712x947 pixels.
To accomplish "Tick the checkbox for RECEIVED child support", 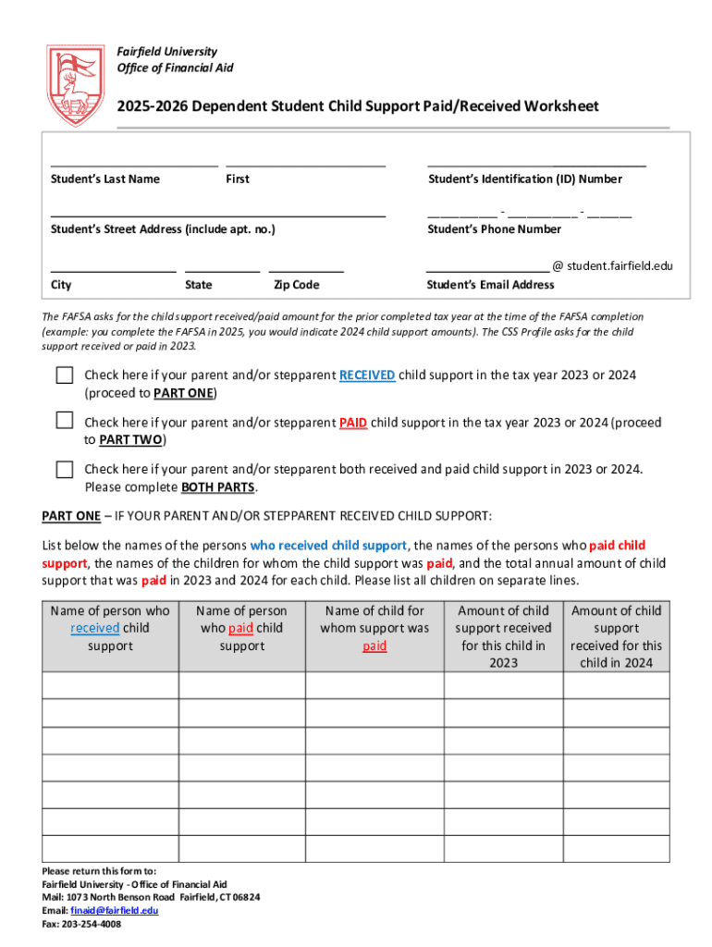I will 64,375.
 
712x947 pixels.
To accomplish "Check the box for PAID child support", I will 64,421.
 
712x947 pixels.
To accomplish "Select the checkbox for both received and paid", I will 64,469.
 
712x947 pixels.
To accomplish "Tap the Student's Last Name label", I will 105,179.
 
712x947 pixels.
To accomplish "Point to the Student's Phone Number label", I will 494,229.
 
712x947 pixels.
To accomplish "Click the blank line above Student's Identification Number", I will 536,164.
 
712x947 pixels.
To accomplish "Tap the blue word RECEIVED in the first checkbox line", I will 367,375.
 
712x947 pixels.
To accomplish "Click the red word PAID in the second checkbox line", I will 353,423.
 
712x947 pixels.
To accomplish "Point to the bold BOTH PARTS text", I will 218,487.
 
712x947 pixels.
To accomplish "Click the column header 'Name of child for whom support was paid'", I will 374,628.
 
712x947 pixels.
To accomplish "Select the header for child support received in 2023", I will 502,636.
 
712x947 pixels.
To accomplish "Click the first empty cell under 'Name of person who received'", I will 110,685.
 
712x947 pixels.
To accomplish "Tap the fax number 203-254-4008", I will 92,923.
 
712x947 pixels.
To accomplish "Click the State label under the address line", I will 198,285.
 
